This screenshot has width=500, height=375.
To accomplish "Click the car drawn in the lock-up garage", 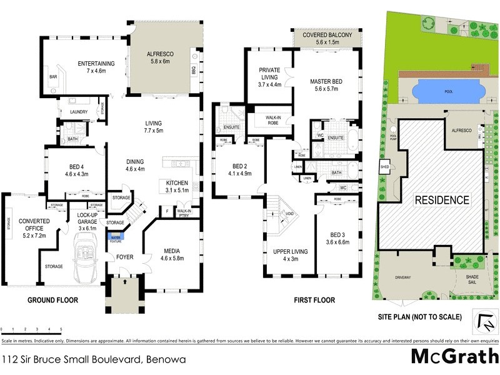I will point(86,256).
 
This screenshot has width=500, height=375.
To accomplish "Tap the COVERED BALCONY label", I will point(328,36).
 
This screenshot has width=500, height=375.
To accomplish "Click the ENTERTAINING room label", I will point(96,64).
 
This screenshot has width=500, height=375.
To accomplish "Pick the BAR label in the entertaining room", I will point(53,77).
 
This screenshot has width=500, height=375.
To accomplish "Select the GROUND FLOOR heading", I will point(52,301).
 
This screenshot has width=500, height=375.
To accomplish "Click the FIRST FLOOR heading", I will point(314,301).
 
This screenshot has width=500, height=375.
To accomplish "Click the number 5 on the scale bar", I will point(61,329).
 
